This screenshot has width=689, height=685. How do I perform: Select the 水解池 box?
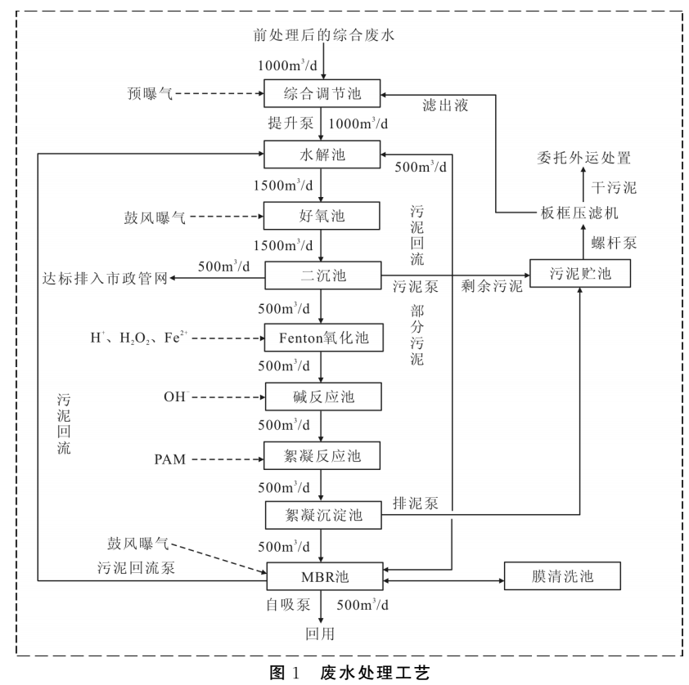(323, 153)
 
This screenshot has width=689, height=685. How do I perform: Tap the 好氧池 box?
(323, 217)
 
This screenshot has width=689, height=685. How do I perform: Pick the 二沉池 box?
(323, 276)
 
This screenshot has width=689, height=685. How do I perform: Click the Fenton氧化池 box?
(323, 336)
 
